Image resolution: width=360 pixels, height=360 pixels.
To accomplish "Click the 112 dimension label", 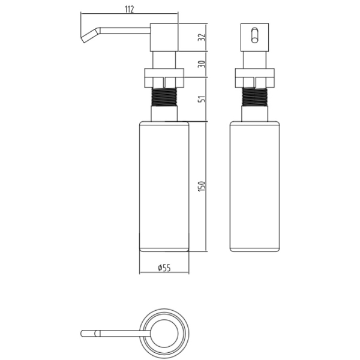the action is point(129,10).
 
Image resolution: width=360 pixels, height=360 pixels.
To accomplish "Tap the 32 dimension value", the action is point(202,37).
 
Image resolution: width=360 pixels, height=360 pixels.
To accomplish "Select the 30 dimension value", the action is point(202,64).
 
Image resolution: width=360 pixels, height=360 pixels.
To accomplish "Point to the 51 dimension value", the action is point(202,98).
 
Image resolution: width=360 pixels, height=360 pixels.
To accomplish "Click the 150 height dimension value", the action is point(202,186).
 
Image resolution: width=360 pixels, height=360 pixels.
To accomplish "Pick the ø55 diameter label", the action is point(164,268).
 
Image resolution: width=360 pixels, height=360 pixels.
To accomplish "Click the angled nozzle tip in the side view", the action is point(90,35).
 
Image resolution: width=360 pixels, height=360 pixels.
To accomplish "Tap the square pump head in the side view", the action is point(164,37).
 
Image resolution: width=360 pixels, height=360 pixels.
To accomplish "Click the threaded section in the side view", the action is point(164,97).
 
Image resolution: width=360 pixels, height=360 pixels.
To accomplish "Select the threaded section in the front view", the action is point(255,97).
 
